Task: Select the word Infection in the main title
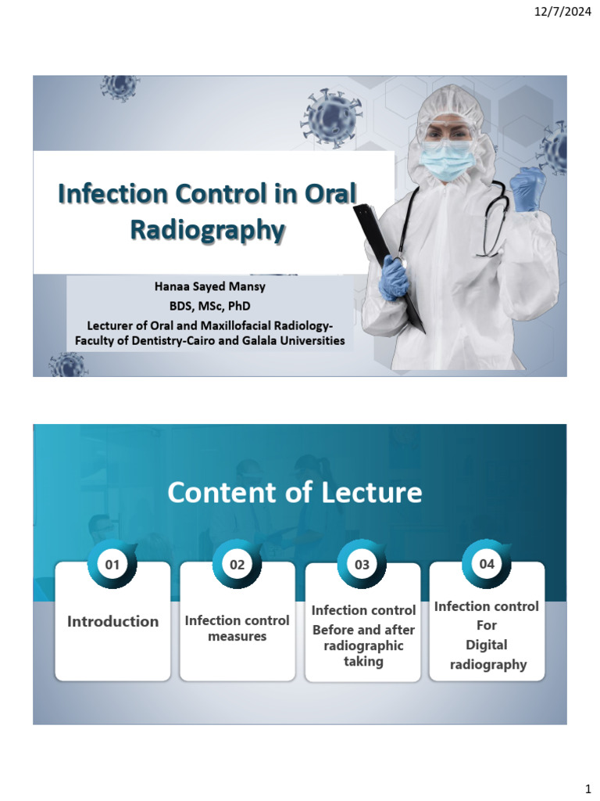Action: [114, 192]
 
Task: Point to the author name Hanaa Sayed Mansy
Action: [209, 287]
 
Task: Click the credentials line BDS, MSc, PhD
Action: [209, 305]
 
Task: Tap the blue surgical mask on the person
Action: [448, 160]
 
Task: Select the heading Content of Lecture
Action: [294, 493]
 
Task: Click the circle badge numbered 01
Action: [112, 563]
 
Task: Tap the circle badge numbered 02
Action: [237, 563]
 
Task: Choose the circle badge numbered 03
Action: [362, 563]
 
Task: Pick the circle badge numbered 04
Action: [487, 563]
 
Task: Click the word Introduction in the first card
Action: [112, 622]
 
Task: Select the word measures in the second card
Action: [237, 637]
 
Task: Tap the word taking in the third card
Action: [363, 662]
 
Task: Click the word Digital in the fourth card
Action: [487, 645]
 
